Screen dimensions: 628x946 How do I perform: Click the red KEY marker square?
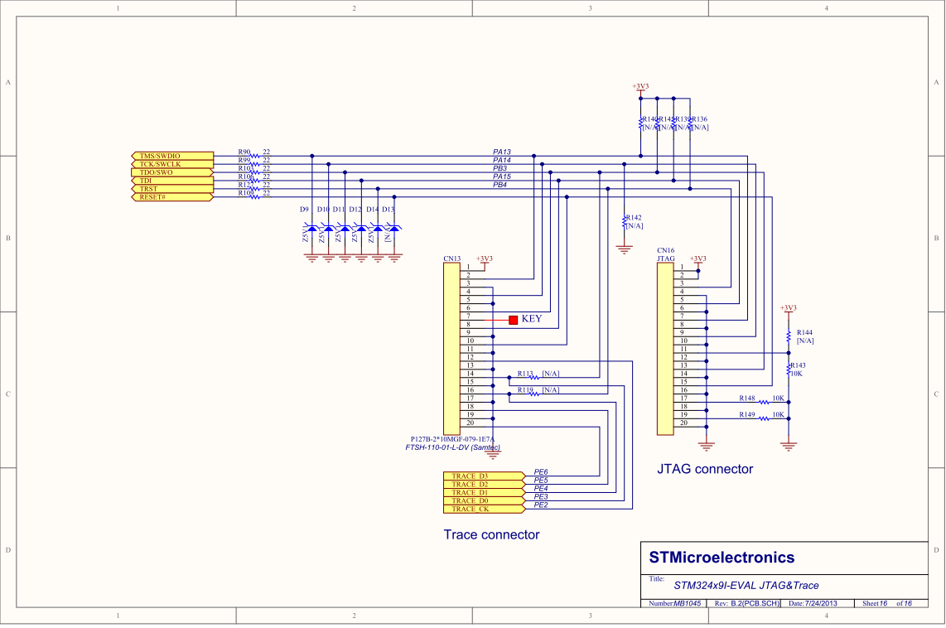coord(514,319)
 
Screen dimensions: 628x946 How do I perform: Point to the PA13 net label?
coord(502,152)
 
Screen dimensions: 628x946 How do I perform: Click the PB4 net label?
coord(500,185)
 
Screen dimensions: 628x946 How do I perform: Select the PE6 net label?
coord(541,471)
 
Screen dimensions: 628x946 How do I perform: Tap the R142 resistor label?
coord(635,217)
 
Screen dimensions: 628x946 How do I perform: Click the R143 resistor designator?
coord(798,365)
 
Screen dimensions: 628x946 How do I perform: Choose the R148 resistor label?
coord(747,399)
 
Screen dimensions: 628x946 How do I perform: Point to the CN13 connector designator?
coord(451,258)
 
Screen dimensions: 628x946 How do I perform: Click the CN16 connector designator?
coord(665,250)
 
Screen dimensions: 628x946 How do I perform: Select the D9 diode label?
coord(304,210)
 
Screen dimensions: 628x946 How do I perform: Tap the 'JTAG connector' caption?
coord(705,469)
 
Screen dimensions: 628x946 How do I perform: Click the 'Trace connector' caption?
coord(491,535)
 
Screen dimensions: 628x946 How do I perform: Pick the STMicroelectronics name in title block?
coord(721,558)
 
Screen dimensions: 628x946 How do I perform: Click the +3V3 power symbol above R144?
coord(788,307)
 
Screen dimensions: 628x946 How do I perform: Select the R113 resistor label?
coord(525,374)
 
